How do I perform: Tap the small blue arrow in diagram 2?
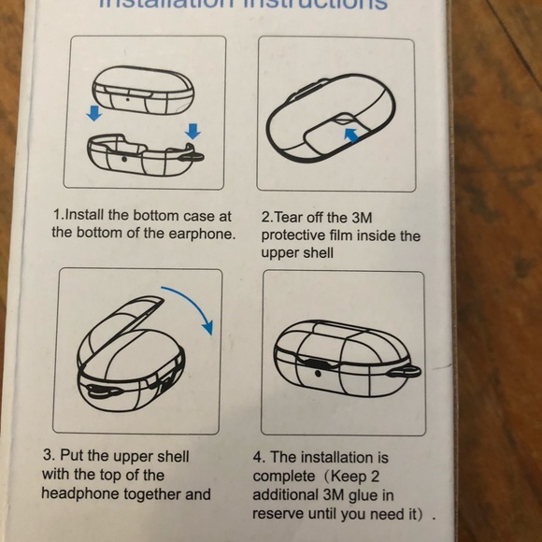349,135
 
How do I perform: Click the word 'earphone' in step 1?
204,233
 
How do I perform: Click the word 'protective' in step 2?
295,235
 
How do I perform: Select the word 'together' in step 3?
154,493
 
